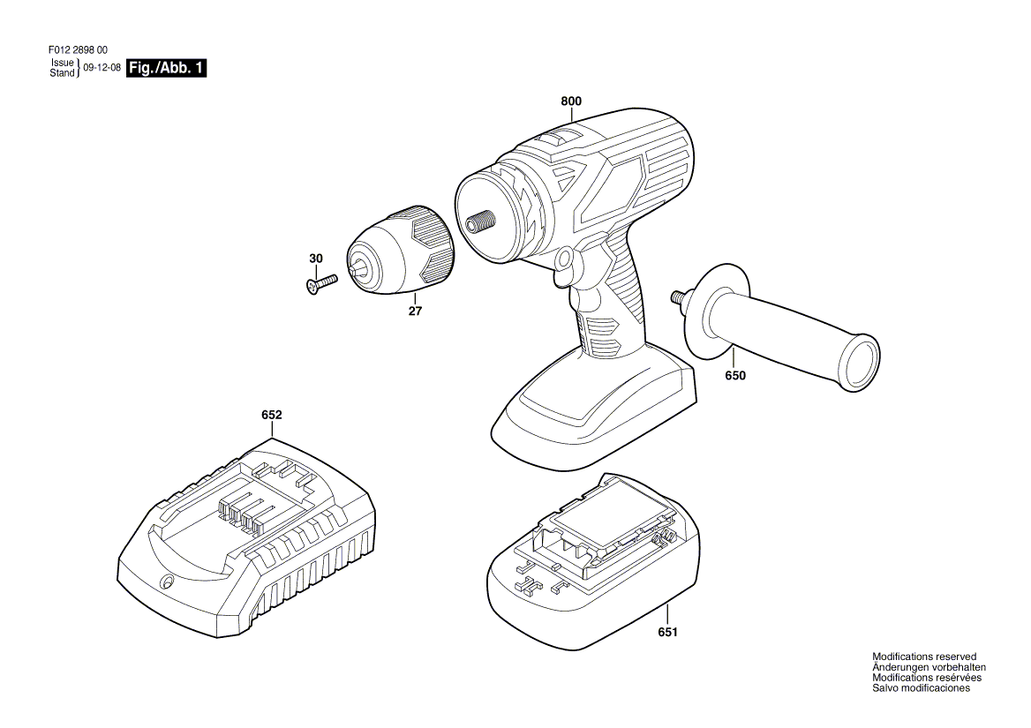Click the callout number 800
coord(571,101)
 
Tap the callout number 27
coord(415,311)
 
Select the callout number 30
coord(316,259)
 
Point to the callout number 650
coord(735,375)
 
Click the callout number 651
coord(666,632)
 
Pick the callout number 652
coord(272,415)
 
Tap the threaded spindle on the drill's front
coord(479,222)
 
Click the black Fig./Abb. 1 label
coord(166,68)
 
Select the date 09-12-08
coord(102,67)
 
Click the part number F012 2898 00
coord(79,50)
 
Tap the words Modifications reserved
coord(924,657)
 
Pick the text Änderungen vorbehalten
coord(929,667)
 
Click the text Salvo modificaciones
coord(921,688)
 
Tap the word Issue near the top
coord(63,63)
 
